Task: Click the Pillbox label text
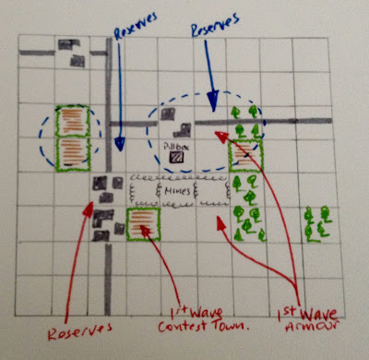176,147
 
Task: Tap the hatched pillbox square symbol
176,158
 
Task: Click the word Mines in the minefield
177,191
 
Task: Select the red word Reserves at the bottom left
79,330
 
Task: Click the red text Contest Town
203,326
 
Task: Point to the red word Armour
312,326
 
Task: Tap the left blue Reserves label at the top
136,26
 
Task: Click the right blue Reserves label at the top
215,25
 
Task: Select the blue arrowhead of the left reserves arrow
120,144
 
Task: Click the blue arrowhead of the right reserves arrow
213,100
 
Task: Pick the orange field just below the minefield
143,224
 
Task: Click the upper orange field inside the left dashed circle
73,121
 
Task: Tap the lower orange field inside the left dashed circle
73,154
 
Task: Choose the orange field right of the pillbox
245,156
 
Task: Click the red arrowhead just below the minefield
220,222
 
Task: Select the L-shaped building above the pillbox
183,130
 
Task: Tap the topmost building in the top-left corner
68,44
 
